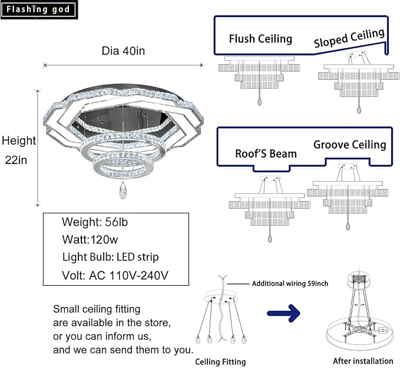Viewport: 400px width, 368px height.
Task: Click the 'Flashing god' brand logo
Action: [38, 9]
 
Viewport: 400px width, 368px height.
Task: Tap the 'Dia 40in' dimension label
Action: [123, 51]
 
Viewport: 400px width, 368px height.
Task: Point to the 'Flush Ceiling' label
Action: [260, 39]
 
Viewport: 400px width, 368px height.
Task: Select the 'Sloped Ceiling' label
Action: [349, 38]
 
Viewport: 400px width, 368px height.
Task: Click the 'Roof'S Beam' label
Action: [266, 153]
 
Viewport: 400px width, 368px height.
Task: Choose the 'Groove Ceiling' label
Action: [350, 145]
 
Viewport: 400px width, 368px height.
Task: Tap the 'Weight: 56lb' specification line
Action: [95, 222]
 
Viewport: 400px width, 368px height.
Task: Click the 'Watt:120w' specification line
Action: [90, 239]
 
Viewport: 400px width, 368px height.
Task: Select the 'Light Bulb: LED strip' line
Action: [111, 257]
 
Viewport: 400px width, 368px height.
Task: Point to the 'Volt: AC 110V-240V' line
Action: [115, 275]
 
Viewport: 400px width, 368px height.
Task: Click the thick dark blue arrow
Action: [284, 313]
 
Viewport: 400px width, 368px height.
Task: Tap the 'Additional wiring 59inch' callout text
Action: [290, 283]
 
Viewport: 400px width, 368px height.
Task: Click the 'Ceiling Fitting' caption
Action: [220, 362]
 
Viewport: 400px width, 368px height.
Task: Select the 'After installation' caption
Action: [363, 361]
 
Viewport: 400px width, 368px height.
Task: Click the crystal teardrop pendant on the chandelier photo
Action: [123, 190]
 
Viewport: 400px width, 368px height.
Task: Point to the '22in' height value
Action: [16, 160]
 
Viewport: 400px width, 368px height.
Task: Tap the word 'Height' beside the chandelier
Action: [19, 140]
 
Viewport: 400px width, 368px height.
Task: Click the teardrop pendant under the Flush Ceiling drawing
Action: [259, 101]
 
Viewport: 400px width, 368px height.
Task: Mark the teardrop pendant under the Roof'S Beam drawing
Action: [270, 238]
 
